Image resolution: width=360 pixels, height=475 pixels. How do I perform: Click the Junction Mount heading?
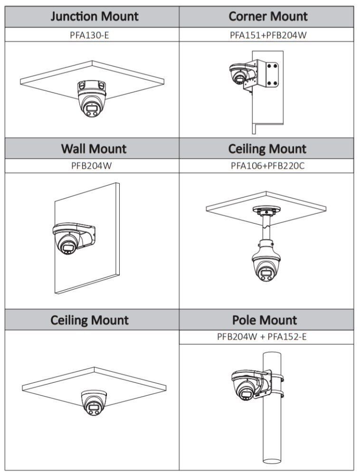94,16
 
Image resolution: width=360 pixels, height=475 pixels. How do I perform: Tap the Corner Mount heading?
268,16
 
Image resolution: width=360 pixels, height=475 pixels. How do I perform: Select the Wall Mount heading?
94,149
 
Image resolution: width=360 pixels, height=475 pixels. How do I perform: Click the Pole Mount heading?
265,320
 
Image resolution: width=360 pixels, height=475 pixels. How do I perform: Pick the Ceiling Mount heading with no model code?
90,320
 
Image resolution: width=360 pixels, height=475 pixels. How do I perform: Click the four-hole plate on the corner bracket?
272,74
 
